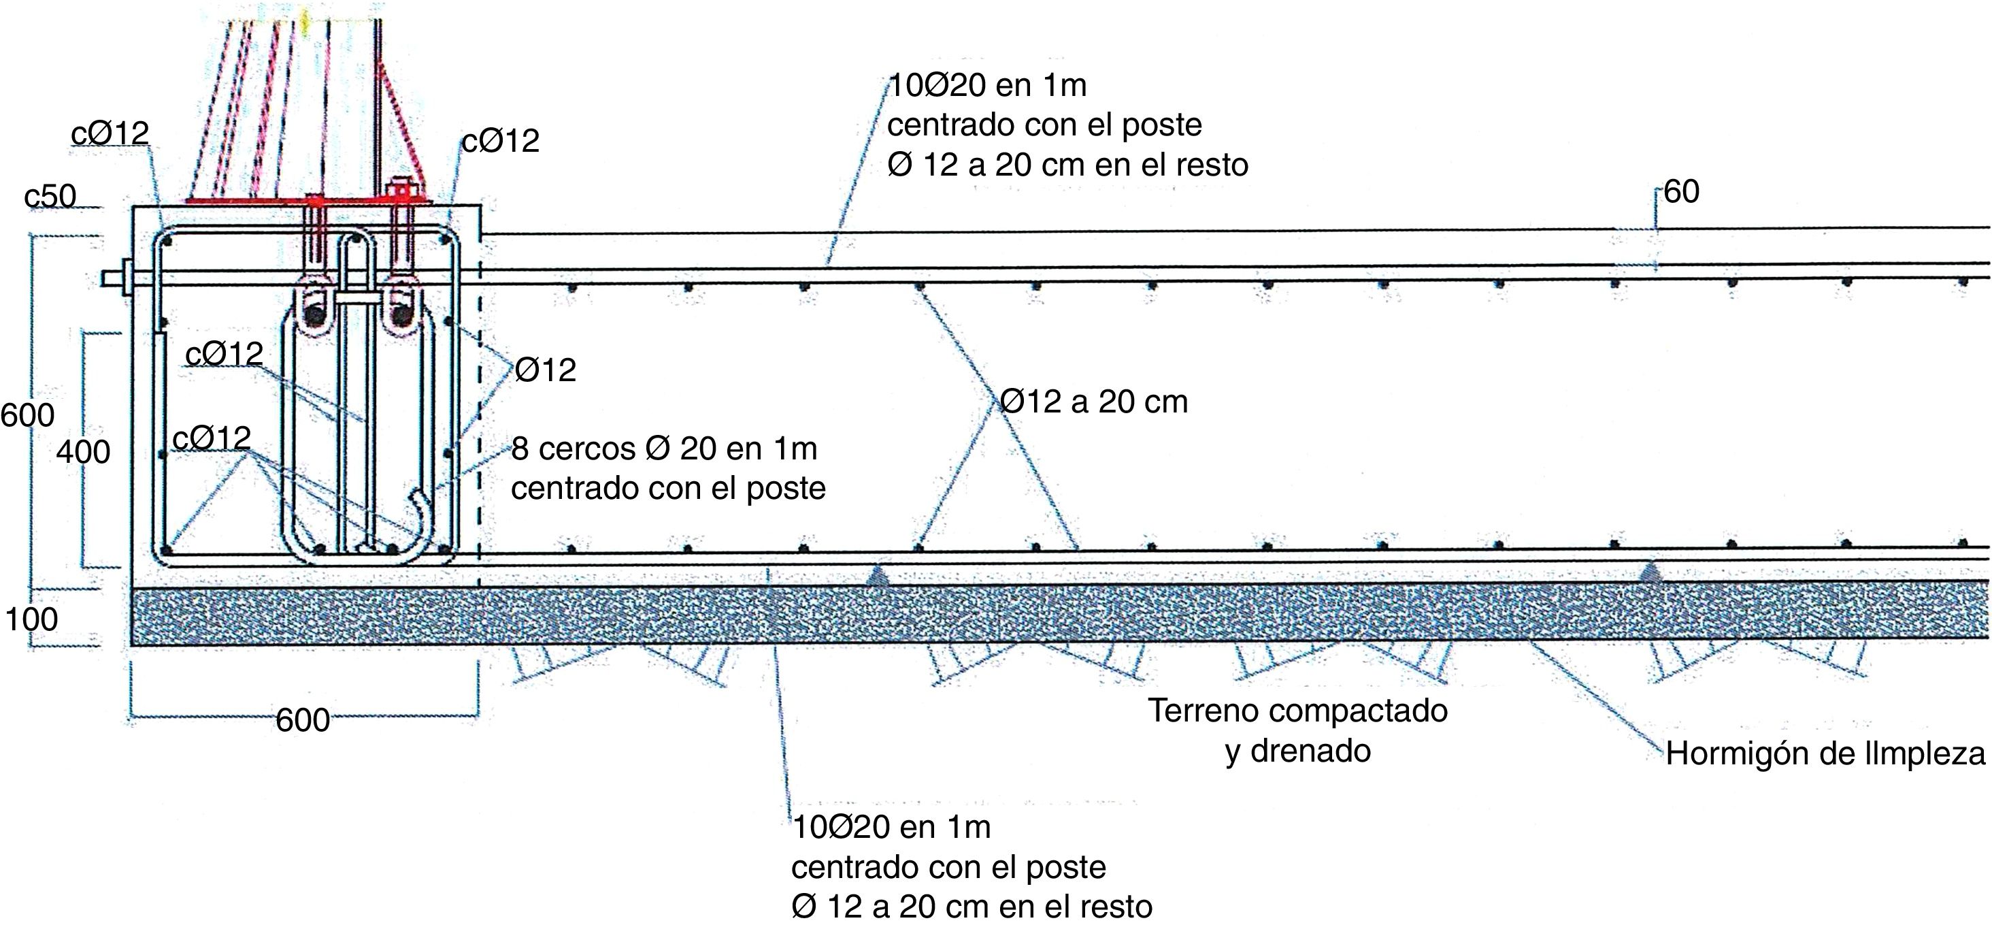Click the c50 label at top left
click(50, 197)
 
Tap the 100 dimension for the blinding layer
click(32, 619)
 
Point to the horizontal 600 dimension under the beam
click(302, 720)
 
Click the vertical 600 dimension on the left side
click(27, 415)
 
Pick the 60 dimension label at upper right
click(1681, 192)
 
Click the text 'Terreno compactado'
click(1297, 711)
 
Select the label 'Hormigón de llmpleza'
click(1825, 753)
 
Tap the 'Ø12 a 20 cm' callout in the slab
click(1093, 402)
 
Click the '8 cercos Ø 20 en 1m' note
click(664, 449)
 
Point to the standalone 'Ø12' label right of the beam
click(545, 370)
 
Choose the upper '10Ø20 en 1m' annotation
click(986, 85)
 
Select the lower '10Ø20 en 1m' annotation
click(891, 828)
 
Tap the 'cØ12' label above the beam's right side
click(500, 141)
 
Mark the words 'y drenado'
click(1297, 751)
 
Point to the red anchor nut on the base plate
click(401, 189)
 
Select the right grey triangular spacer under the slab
click(1650, 572)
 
